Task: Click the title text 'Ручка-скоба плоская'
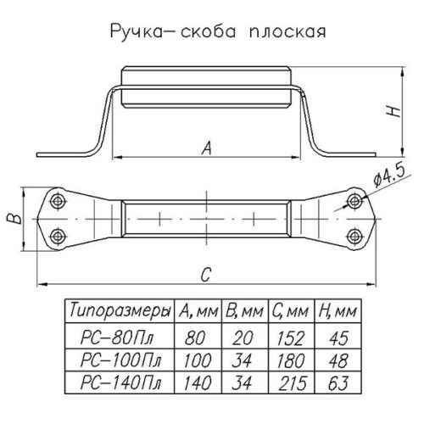point(212,35)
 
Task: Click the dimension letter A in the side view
point(206,148)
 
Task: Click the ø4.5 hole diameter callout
point(389,179)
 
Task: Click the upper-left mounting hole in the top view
point(59,202)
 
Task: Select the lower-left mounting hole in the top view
point(59,233)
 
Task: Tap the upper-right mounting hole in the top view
point(355,202)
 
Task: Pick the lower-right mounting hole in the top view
point(355,233)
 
